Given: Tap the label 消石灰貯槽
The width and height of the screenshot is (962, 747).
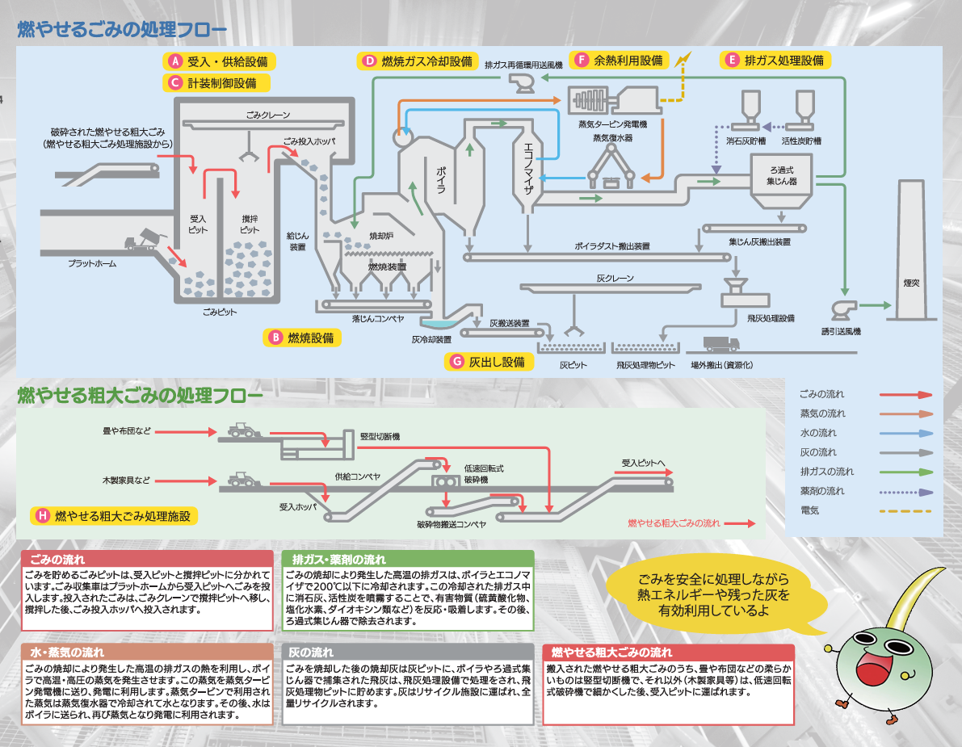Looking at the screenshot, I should pyautogui.click(x=745, y=141).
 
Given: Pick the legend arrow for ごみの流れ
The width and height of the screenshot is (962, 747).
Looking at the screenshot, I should pyautogui.click(x=905, y=395).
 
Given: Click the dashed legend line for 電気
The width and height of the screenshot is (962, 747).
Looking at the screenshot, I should pyautogui.click(x=905, y=510).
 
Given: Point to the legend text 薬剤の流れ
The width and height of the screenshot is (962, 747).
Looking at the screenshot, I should pyautogui.click(x=821, y=491).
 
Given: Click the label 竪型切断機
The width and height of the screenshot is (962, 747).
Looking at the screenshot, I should pyautogui.click(x=380, y=436).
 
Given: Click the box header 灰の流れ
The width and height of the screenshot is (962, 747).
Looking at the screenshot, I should pyautogui.click(x=311, y=652).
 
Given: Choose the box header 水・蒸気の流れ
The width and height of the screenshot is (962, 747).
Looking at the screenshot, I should pyautogui.click(x=67, y=652).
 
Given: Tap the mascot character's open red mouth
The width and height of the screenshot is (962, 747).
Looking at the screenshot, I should pyautogui.click(x=872, y=668).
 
